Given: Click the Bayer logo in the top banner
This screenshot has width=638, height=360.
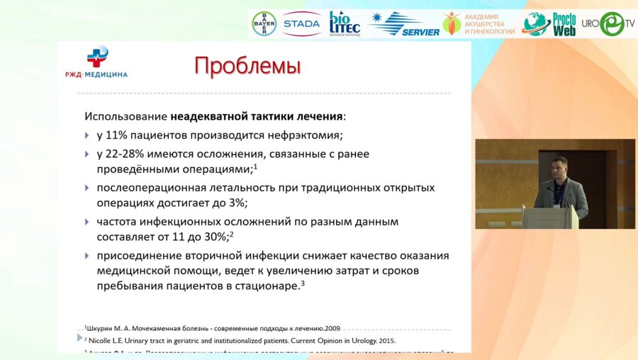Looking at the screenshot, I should click(x=264, y=24).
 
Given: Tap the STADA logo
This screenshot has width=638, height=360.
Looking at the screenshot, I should click(x=301, y=24).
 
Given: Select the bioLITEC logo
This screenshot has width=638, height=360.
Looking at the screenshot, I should click(x=345, y=24).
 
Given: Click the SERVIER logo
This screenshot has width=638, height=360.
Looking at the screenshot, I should click(x=404, y=24).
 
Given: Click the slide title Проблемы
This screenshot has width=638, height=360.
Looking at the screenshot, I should click(x=247, y=66).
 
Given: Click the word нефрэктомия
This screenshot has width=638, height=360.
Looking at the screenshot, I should click(x=297, y=135).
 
